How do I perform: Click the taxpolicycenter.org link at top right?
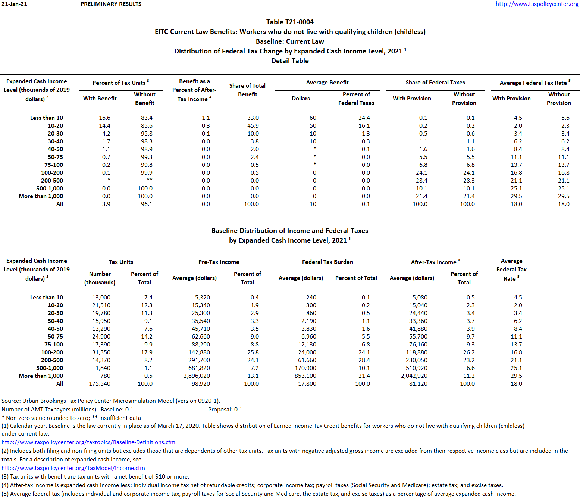pyautogui.click(x=537, y=4)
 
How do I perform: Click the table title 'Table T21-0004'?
pyautogui.click(x=290, y=22)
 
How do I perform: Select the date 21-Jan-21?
pyautogui.click(x=14, y=4)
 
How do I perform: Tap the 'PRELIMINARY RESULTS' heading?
pyautogui.click(x=111, y=4)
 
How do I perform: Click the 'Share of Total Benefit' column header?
pyautogui.click(x=247, y=90)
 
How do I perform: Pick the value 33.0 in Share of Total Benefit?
pyautogui.click(x=253, y=118)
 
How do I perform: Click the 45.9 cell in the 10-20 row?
pyautogui.click(x=253, y=126)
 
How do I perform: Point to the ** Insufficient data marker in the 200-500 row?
pyautogui.click(x=149, y=180)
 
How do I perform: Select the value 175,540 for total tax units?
pyautogui.click(x=100, y=384)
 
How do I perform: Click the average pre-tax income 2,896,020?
pyautogui.click(x=197, y=376)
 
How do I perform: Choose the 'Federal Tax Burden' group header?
pyautogui.click(x=327, y=262)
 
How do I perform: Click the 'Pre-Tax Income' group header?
pyautogui.click(x=219, y=262)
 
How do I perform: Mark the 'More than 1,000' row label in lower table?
pyautogui.click(x=41, y=376)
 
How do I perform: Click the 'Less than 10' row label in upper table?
pyautogui.click(x=47, y=118)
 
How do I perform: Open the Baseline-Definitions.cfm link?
pyautogui.click(x=88, y=442)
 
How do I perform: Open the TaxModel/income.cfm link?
pyautogui.click(x=73, y=468)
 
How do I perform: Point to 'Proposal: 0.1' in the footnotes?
pyautogui.click(x=225, y=410)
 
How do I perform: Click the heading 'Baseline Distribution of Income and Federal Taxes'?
pyautogui.click(x=290, y=231)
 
